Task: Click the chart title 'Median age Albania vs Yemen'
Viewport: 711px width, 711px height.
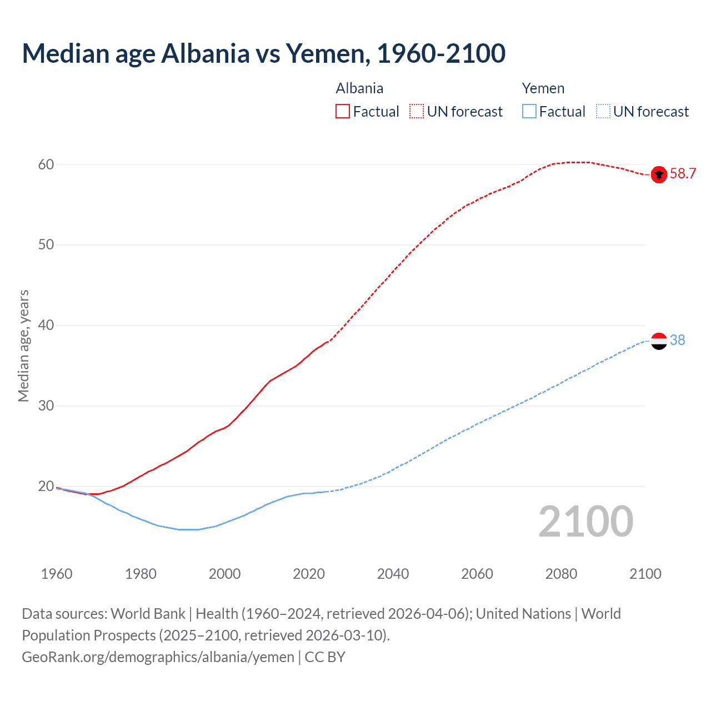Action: coord(263,53)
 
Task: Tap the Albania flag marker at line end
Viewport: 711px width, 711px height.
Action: coord(659,174)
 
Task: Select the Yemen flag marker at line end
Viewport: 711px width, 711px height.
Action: coord(659,341)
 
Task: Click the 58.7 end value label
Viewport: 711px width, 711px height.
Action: coord(683,174)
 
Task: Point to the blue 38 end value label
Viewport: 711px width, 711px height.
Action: coord(677,340)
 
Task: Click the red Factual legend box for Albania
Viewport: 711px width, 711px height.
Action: coord(343,112)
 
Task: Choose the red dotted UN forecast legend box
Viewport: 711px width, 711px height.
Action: coord(417,112)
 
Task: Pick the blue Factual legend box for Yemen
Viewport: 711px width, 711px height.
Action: coord(529,112)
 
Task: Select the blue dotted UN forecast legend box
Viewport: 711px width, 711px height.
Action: coord(603,112)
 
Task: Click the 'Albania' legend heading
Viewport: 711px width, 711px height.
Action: coord(359,88)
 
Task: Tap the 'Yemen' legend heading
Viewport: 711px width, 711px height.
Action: coord(543,88)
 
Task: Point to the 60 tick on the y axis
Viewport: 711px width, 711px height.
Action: coord(46,164)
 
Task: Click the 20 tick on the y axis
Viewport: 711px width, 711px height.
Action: coord(46,487)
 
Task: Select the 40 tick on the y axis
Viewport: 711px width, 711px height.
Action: coord(46,326)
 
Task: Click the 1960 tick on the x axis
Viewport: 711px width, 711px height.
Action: coord(57,574)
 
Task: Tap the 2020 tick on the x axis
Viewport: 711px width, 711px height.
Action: coord(309,574)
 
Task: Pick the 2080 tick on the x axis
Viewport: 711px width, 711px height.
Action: coord(561,574)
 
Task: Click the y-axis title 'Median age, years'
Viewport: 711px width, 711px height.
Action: coord(23,346)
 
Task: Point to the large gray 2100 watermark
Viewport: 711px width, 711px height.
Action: coord(585,522)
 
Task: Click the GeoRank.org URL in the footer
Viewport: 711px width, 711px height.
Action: coord(158,657)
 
